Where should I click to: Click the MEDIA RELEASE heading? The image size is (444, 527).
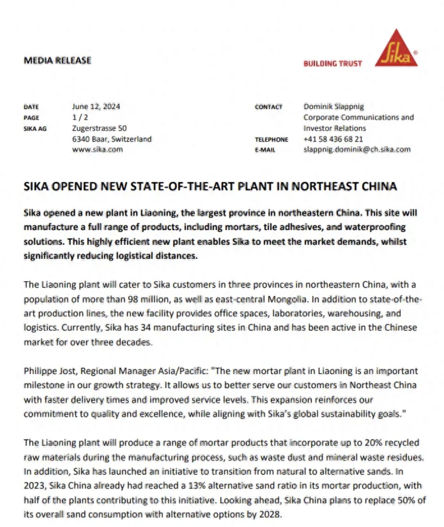(x=58, y=60)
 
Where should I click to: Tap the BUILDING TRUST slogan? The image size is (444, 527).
(x=333, y=64)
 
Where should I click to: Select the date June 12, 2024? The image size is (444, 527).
(x=96, y=107)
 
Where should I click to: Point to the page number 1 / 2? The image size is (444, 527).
(x=80, y=117)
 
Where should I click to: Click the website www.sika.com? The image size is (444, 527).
(x=97, y=150)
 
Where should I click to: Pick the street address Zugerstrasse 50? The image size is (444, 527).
(x=99, y=128)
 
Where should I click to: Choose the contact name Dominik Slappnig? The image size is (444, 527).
(x=333, y=107)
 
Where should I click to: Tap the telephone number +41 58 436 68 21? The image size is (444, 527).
(x=333, y=139)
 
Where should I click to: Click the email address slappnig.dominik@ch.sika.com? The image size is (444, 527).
(x=357, y=150)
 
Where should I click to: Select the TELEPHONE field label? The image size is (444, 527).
(x=271, y=140)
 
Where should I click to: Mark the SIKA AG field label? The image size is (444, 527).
(x=35, y=128)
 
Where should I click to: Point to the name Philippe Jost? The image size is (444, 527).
(x=50, y=371)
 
